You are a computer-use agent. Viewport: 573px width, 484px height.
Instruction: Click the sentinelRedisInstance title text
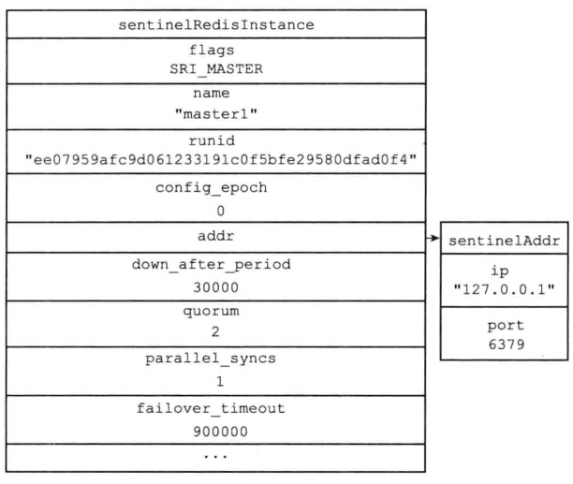point(216,25)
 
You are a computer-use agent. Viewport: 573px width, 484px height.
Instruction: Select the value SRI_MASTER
point(216,69)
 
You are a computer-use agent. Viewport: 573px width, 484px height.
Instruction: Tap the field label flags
point(212,50)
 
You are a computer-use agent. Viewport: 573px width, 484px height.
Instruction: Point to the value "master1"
point(216,114)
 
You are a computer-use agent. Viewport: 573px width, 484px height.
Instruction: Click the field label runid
point(212,140)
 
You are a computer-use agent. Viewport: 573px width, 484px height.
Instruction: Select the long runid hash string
point(221,160)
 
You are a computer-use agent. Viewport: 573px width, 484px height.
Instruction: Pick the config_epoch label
point(212,188)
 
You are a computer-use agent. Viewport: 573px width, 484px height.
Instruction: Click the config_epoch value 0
point(220,211)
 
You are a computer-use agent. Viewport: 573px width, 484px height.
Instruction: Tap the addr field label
point(215,236)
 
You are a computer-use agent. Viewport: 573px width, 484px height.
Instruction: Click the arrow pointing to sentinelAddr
point(433,238)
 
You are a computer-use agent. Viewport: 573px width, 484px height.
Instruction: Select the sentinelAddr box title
point(505,241)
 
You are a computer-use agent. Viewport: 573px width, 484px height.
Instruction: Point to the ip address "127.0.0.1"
point(505,289)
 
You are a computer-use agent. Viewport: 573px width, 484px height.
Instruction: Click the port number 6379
point(507,345)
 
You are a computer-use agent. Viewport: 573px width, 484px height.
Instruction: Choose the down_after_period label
point(212,264)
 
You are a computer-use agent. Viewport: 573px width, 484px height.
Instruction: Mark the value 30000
point(216,287)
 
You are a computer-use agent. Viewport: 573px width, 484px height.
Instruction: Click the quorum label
point(212,311)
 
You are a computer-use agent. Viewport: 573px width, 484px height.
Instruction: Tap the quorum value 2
point(215,331)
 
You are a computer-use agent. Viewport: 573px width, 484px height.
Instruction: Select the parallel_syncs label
point(211,359)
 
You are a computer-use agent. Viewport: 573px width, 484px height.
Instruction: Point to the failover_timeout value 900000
point(221,432)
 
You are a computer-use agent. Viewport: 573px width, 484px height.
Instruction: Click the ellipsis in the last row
point(215,456)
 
